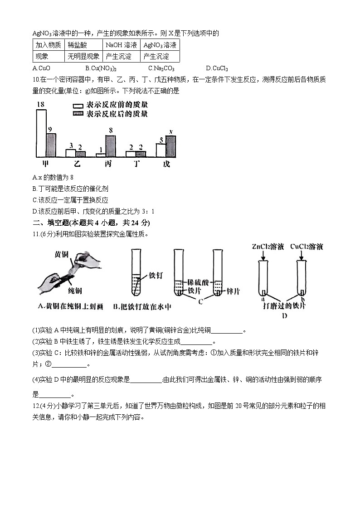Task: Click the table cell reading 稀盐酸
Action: [78, 45]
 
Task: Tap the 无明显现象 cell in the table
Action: [83, 57]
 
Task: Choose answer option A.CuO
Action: [42, 68]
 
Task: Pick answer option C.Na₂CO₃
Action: [161, 68]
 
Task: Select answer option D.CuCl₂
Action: [217, 68]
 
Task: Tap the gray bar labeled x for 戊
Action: [170, 146]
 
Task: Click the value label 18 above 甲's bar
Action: [40, 105]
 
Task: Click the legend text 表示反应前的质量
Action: [117, 105]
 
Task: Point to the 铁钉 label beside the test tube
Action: [155, 276]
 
